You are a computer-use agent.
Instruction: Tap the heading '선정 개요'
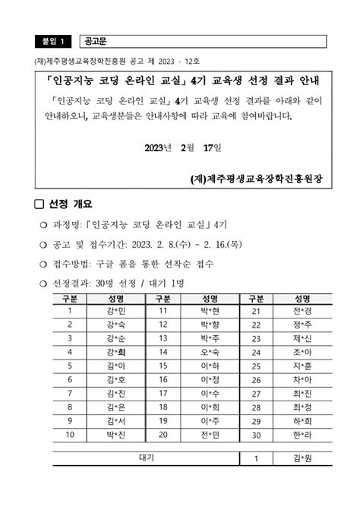pos(70,204)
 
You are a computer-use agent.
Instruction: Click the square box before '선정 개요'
pos(39,204)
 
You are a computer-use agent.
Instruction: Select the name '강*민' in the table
pos(116,311)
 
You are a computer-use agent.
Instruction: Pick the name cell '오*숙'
pos(210,352)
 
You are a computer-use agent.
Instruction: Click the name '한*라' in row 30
pos(302,435)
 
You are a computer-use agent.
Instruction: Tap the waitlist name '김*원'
pos(302,458)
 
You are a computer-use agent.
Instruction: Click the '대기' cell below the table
pos(147,458)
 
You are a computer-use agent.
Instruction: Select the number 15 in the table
pos(163,366)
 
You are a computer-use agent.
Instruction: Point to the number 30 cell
pos(256,435)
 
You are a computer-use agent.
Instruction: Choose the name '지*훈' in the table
pos(302,366)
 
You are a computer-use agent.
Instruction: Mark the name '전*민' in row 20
pos(210,435)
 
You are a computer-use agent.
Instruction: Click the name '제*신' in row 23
pos(302,338)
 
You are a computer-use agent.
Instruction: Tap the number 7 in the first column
pos(70,393)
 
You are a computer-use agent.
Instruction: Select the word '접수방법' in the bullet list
pos(66,264)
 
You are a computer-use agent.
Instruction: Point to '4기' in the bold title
pos(199,79)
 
